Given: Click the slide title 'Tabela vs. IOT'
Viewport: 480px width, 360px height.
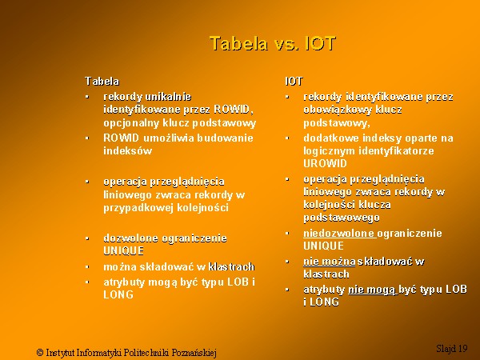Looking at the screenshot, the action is (273, 43).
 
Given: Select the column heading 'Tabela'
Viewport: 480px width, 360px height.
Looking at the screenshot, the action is (102, 82).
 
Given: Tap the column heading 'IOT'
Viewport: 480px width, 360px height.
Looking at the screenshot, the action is (294, 82).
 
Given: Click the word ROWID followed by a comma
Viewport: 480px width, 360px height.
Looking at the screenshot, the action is (234, 110).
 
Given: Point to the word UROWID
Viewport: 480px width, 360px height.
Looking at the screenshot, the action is (325, 163).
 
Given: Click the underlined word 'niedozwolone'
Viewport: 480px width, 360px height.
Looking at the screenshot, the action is (339, 234).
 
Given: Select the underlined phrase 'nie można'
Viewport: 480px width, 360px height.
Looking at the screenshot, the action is (330, 262).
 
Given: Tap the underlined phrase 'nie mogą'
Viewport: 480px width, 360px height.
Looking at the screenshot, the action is (372, 290).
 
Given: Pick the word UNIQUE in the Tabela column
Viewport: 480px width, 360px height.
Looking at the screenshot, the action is (124, 251).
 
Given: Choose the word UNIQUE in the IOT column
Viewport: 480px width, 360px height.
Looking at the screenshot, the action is (323, 246).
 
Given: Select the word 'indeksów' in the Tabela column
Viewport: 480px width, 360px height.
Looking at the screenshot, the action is (128, 150).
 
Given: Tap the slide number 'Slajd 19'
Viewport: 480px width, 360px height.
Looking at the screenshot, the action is (452, 348).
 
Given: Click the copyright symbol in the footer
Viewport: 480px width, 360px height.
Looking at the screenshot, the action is (40, 352).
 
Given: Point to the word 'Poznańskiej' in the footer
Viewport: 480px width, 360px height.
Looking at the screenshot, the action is (194, 353).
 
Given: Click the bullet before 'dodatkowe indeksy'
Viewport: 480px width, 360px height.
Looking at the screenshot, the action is (287, 138).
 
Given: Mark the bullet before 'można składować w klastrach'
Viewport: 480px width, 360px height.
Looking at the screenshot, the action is (87, 267).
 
